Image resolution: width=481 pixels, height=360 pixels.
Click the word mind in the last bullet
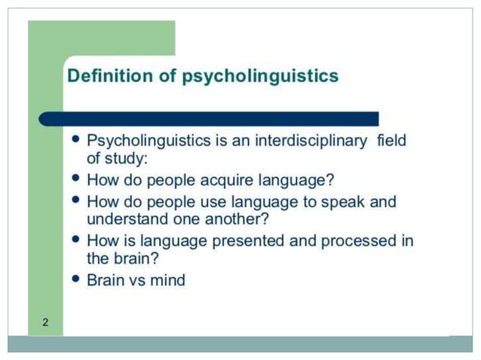tap(168, 280)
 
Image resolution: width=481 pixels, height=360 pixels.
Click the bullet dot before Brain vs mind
tap(75, 279)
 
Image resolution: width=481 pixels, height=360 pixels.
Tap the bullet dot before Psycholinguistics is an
tap(75, 139)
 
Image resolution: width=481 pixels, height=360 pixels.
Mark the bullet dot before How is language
tap(75, 240)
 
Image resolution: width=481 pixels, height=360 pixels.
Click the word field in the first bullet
tap(389, 141)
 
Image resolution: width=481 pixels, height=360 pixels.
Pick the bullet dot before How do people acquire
tap(75, 179)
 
